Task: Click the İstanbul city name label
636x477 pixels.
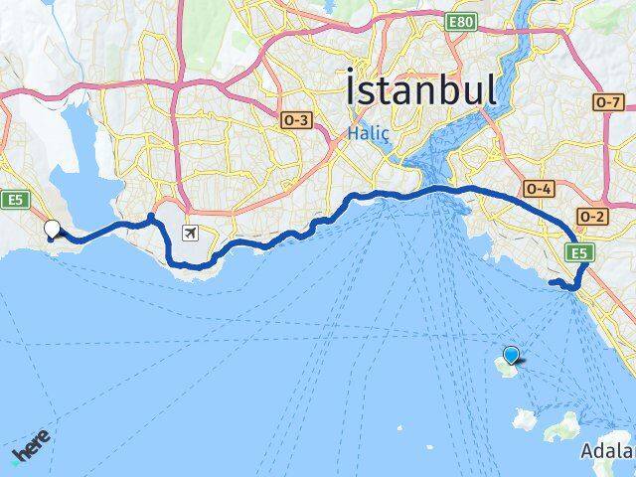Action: coord(422,88)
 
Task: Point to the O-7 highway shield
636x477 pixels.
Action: coord(607,101)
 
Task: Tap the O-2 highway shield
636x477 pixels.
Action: coord(593,217)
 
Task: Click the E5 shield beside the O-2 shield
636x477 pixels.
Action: coord(580,253)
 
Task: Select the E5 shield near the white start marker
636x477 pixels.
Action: coord(13,200)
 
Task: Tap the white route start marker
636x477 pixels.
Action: coord(53,229)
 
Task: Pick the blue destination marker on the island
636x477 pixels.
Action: coord(511,355)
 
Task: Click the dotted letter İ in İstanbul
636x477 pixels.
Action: coord(355,86)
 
